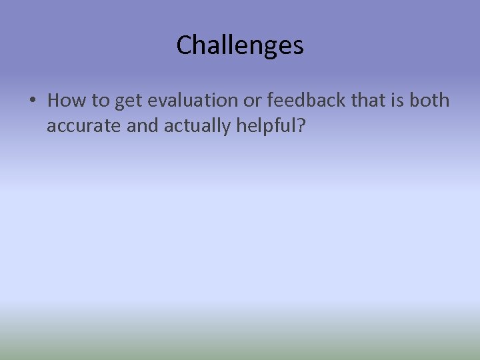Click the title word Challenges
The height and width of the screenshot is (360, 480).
click(x=240, y=45)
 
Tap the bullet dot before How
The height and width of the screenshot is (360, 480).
click(x=32, y=101)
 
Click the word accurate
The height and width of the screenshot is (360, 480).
click(x=83, y=126)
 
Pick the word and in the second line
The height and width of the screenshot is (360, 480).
click(x=141, y=126)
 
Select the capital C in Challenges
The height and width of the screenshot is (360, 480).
click(x=184, y=45)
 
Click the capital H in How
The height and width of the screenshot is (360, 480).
click(x=54, y=101)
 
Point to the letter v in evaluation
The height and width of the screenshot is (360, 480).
click(x=157, y=101)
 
